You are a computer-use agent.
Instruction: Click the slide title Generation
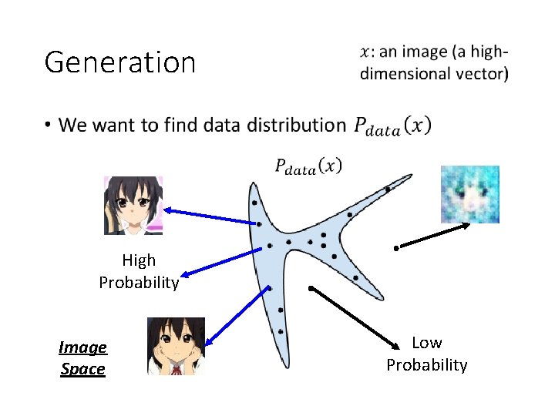coord(120,62)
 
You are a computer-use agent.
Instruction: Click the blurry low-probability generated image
coord(469,194)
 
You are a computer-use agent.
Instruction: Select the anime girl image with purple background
coord(133,205)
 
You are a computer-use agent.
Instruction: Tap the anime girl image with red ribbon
coord(176,346)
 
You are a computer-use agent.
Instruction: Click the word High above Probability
coord(139,260)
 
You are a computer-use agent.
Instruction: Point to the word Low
coord(426,342)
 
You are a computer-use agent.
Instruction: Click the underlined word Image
coord(82,347)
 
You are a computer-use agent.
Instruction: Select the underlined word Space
coord(82,369)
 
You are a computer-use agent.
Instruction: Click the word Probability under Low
coord(426,364)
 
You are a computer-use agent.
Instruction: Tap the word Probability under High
coord(139,283)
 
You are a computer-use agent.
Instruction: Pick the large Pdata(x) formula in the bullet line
coord(392,126)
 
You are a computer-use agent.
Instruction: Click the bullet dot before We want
coord(48,124)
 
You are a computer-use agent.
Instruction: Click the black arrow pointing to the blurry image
coord(433,236)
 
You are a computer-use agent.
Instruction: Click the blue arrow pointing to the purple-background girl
coord(210,216)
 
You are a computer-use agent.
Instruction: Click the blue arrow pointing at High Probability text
coord(220,262)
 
